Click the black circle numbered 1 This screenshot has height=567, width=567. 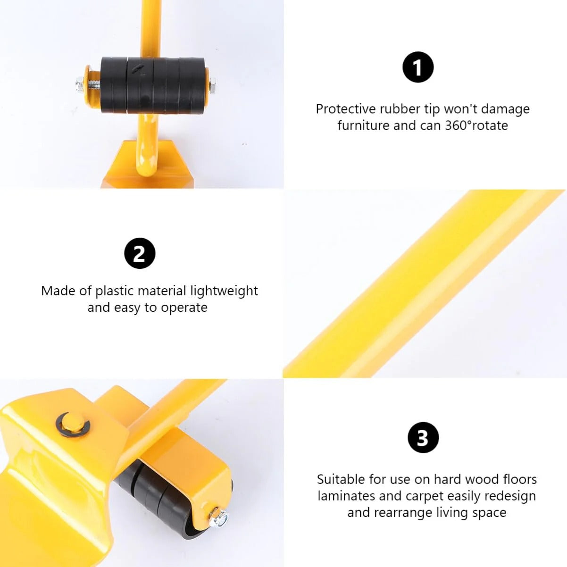(418, 67)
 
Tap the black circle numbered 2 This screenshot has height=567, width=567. (140, 253)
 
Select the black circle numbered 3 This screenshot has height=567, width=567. (423, 438)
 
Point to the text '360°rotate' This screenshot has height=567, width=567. (476, 125)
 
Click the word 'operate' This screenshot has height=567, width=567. (184, 308)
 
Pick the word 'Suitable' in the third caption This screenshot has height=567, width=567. (341, 479)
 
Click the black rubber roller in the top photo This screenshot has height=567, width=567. (153, 85)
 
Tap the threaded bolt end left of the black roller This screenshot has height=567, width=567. (83, 85)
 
